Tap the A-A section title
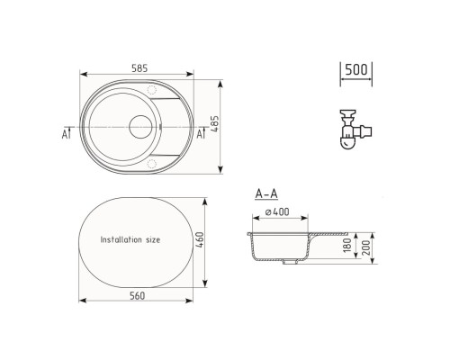(x=266, y=193)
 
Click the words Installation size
(x=130, y=240)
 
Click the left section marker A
(x=66, y=135)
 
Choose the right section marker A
(x=200, y=135)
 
